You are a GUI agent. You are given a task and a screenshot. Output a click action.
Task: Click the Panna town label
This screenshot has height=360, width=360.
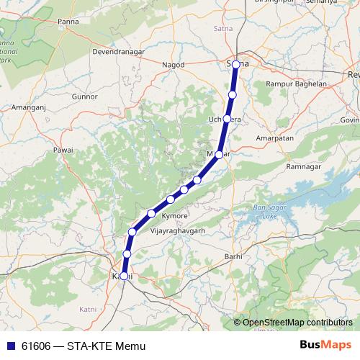pyautogui.click(x=68, y=23)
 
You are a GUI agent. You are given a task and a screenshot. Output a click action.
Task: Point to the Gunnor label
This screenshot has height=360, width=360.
pyautogui.click(x=84, y=96)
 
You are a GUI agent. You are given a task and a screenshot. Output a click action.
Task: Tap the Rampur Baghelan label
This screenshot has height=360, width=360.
pyautogui.click(x=296, y=84)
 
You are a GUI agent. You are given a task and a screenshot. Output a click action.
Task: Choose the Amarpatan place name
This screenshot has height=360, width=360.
pyautogui.click(x=276, y=135)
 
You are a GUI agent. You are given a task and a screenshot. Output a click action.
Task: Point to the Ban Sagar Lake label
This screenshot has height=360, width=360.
pyautogui.click(x=265, y=212)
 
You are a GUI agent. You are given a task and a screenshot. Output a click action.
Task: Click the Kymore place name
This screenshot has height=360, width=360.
pyautogui.click(x=176, y=216)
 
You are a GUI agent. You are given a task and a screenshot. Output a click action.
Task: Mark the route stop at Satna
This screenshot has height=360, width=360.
pyautogui.click(x=235, y=65)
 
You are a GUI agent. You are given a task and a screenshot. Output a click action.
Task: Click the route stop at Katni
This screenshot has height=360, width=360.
pyautogui.click(x=124, y=276)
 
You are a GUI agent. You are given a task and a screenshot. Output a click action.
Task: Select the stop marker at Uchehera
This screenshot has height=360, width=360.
pyautogui.click(x=227, y=119)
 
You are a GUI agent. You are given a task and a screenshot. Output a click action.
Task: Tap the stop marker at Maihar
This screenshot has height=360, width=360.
pyautogui.click(x=219, y=155)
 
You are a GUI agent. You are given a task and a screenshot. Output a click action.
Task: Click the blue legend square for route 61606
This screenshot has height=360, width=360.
pyautogui.click(x=10, y=346)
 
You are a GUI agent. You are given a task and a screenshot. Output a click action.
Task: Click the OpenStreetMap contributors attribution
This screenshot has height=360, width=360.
pyautogui.click(x=297, y=323)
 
